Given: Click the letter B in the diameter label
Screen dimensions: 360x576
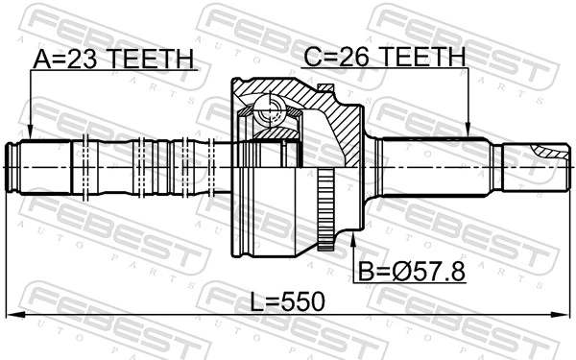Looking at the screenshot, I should [x=366, y=273].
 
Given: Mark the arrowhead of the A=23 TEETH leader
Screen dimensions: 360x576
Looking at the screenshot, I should [x=30, y=133].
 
